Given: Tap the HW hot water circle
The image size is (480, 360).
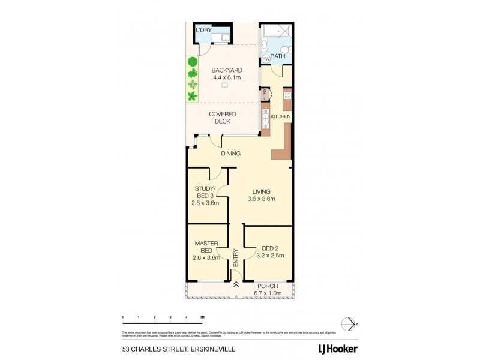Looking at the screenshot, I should coord(266,59).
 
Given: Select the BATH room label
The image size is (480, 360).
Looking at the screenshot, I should coord(278,56).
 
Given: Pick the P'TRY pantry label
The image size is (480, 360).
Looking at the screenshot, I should coord(263,94).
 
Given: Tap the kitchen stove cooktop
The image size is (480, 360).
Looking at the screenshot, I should coord(287,95).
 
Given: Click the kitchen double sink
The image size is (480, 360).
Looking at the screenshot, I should coord(265,116).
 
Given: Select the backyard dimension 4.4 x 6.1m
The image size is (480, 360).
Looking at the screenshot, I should coord(227,77).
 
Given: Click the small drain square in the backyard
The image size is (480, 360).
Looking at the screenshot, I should coord(224,85).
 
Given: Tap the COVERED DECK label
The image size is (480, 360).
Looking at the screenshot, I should coord(223,118).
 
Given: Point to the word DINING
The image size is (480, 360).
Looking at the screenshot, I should coord(230,154).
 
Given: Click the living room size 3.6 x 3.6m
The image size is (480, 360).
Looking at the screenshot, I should coord(261,199).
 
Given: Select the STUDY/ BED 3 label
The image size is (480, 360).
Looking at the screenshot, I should coord(205,196).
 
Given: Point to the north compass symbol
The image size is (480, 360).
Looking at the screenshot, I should coord(348,324).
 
